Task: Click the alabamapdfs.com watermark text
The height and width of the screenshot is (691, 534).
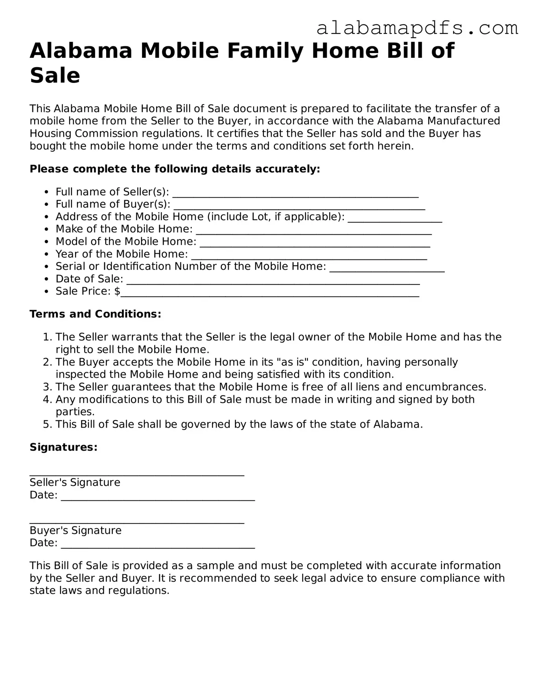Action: (x=417, y=28)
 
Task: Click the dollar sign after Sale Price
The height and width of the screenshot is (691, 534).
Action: (x=117, y=291)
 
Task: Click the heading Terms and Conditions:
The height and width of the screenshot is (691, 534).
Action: (x=96, y=314)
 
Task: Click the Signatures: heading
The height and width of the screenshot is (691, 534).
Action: (x=63, y=447)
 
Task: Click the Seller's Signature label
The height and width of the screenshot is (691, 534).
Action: (x=75, y=482)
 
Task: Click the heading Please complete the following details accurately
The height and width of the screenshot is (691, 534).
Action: (x=175, y=169)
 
